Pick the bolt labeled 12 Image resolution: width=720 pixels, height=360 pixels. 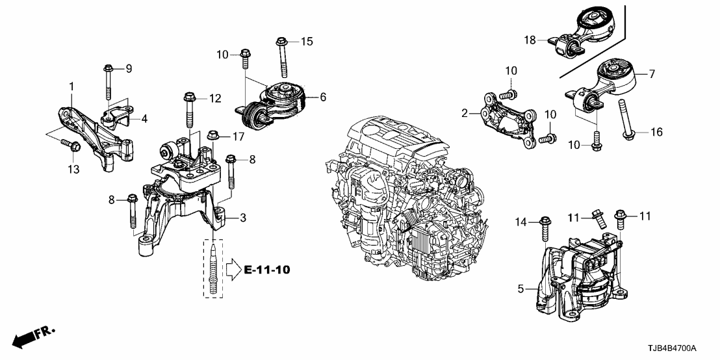pyautogui.click(x=188, y=111)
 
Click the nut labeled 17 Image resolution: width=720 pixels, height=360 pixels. pyautogui.click(x=212, y=136)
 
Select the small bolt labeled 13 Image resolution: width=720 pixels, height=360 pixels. pyautogui.click(x=71, y=146)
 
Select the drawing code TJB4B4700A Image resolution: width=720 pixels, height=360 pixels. pyautogui.click(x=680, y=349)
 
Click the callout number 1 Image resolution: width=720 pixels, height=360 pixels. pyautogui.click(x=72, y=86)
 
